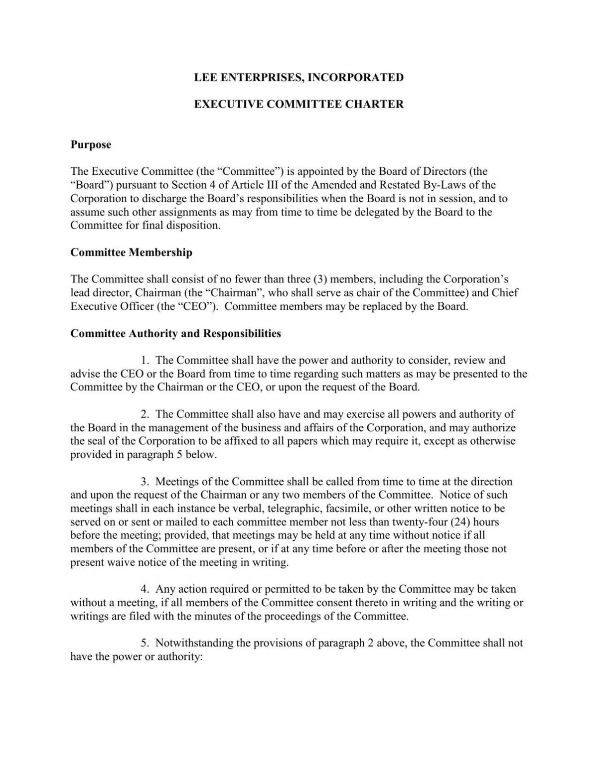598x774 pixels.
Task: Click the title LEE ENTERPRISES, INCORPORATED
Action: click(299, 77)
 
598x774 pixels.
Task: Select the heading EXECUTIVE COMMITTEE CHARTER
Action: click(299, 104)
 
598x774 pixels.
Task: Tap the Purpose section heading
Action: click(91, 145)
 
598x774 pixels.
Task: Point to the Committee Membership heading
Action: click(131, 253)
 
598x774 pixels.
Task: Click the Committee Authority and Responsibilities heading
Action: click(175, 333)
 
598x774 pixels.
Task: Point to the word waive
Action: click(121, 563)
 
